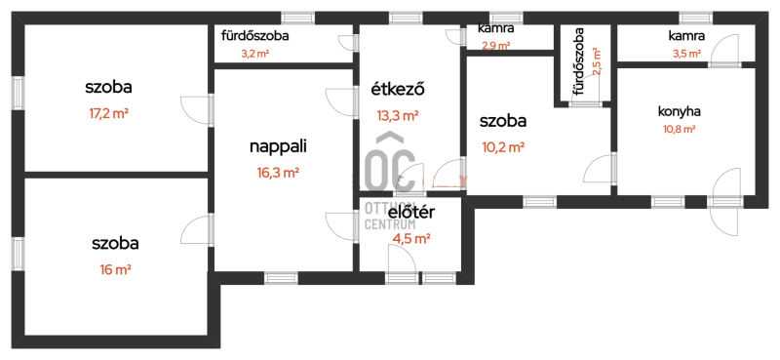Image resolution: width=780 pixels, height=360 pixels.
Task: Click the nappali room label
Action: pyautogui.click(x=278, y=147)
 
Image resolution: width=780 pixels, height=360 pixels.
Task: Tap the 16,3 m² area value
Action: pyautogui.click(x=278, y=173)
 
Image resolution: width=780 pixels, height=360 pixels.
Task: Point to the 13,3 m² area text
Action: pyautogui.click(x=398, y=116)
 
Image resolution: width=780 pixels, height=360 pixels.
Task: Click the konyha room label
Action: pyautogui.click(x=680, y=112)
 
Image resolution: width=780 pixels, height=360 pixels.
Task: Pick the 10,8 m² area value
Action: pyautogui.click(x=680, y=130)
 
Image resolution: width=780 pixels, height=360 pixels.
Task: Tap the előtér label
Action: pyautogui.click(x=411, y=213)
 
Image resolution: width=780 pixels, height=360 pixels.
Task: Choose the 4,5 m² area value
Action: pyautogui.click(x=411, y=239)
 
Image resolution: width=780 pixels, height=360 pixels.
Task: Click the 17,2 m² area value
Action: pyautogui.click(x=109, y=113)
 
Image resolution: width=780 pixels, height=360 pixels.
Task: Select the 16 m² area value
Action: pyautogui.click(x=115, y=270)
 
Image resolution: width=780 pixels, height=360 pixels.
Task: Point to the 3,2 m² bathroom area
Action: pyautogui.click(x=255, y=54)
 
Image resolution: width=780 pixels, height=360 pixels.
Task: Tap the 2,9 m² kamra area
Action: pyautogui.click(x=496, y=46)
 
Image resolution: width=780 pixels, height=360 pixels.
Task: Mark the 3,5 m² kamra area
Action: pyautogui.click(x=687, y=54)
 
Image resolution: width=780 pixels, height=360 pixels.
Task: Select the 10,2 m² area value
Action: pyautogui.click(x=503, y=147)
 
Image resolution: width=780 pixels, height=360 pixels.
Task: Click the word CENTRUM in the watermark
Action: pyautogui.click(x=391, y=224)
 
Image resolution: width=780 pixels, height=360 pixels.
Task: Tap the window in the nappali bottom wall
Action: pyautogui.click(x=281, y=278)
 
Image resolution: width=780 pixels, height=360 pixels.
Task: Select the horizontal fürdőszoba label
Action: pyautogui.click(x=255, y=36)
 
